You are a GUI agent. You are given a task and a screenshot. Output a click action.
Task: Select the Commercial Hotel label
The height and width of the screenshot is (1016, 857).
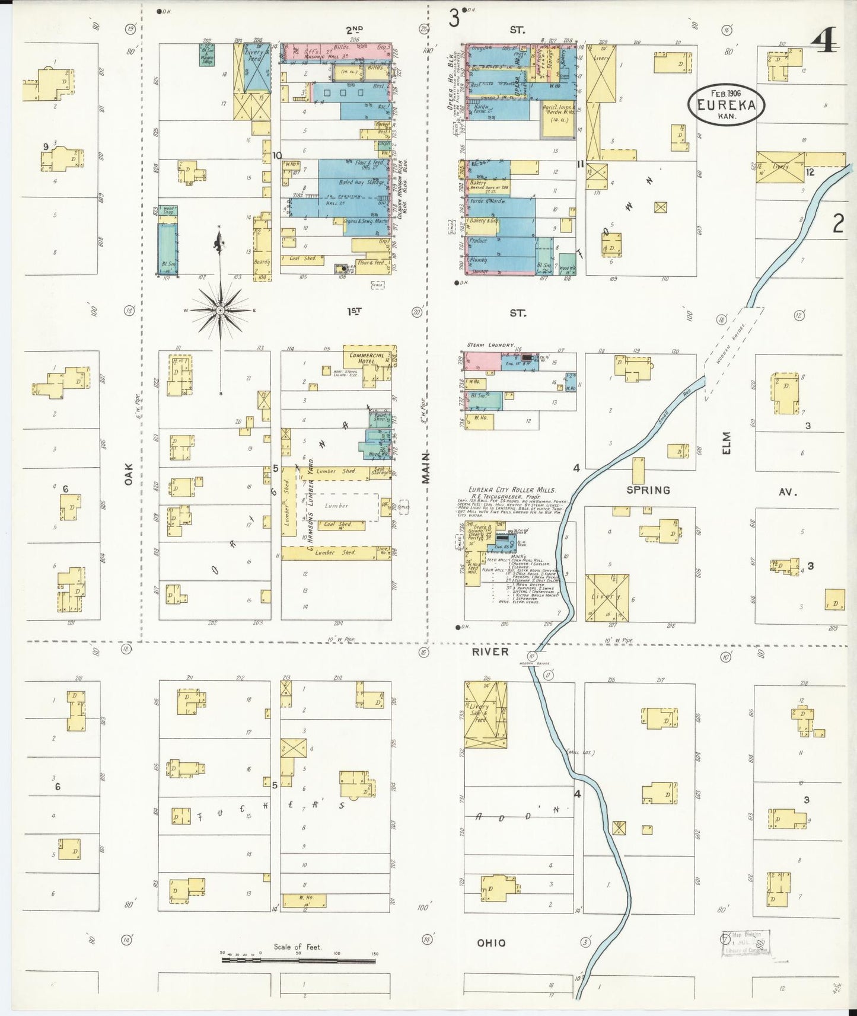[x=367, y=357]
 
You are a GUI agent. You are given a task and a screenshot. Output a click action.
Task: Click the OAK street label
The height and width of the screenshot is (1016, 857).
[x=129, y=475]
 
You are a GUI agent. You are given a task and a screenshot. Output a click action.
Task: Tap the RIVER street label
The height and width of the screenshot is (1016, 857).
[x=490, y=651]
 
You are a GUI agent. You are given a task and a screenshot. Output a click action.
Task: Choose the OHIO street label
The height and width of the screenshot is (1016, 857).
[x=492, y=942]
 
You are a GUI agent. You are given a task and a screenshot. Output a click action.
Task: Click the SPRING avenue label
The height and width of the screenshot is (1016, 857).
[x=648, y=490]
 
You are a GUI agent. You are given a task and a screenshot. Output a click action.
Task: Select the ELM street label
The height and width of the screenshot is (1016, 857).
[x=727, y=443]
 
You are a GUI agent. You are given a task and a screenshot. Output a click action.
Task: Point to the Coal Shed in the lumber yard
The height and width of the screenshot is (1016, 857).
[x=337, y=525]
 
